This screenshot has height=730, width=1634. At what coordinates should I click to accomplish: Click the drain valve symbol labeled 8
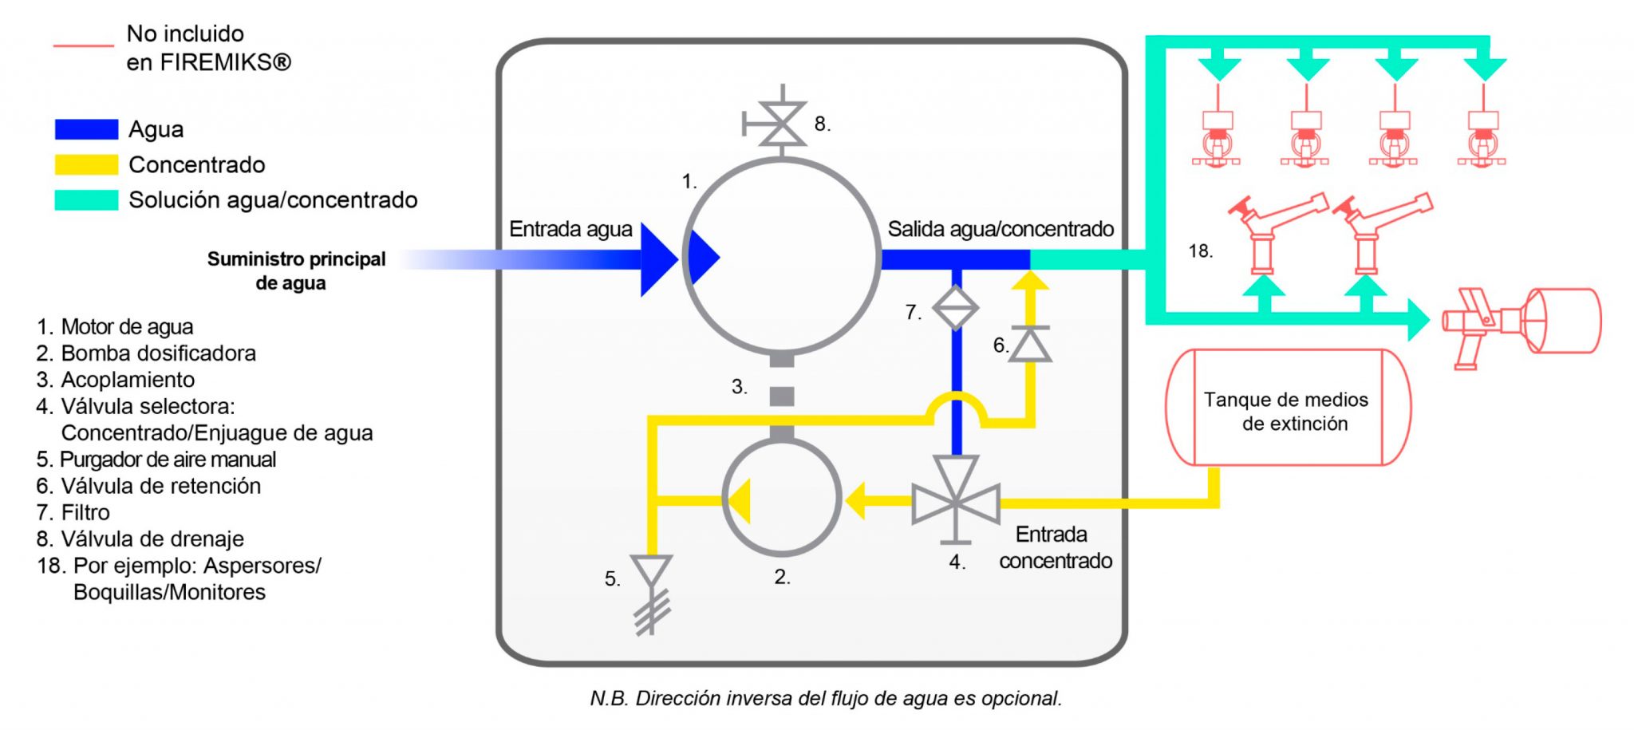(781, 124)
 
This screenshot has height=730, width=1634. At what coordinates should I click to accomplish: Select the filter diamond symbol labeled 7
(955, 307)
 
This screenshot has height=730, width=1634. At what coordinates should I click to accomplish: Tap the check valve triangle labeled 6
(1029, 345)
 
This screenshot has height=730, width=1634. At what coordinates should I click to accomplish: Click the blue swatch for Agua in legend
(86, 129)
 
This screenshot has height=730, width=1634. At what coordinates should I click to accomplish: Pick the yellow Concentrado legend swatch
(86, 164)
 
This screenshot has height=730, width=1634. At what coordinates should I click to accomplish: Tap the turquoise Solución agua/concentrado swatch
(86, 199)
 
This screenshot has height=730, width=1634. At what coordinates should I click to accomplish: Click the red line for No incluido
(83, 46)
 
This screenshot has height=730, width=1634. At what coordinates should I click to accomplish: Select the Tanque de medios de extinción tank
(1288, 408)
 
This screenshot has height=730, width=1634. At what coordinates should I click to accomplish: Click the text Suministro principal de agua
(295, 270)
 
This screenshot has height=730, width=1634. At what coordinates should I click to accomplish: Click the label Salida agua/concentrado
(1001, 229)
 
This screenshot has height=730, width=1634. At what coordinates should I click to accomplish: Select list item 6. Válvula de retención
(148, 486)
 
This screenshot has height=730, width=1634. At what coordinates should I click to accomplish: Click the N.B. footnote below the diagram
(826, 698)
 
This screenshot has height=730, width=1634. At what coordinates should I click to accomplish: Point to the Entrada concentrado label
(1055, 547)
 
